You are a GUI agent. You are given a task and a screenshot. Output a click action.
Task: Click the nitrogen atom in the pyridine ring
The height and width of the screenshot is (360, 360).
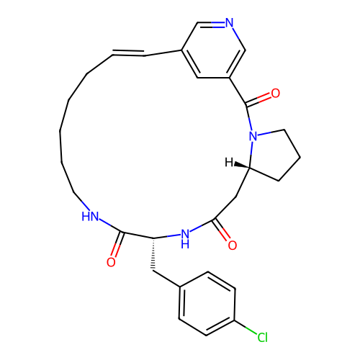229,22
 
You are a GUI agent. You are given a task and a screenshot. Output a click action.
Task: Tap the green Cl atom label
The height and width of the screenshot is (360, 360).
262,338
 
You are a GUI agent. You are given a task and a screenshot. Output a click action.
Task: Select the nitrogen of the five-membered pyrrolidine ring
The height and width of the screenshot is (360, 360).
253,136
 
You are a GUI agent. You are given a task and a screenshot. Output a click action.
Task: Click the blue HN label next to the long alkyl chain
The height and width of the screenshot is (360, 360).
90,216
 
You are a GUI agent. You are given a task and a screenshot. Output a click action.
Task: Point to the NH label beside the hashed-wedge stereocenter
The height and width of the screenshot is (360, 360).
185,239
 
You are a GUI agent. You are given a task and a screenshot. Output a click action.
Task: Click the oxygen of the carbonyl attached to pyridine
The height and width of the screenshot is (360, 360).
276,93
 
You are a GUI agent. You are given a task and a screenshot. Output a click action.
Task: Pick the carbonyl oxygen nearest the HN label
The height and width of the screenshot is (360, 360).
111,262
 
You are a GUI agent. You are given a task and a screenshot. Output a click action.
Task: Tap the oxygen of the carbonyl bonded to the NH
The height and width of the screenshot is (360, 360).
233,246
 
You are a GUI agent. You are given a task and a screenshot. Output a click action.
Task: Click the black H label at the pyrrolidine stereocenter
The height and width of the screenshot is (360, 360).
229,163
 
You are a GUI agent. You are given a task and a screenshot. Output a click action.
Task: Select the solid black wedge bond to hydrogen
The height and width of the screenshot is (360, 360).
242,165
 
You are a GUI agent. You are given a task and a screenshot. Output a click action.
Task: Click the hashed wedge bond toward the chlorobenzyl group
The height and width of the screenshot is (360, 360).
153,254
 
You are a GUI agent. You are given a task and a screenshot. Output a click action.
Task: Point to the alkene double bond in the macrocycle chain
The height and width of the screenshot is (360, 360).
128,53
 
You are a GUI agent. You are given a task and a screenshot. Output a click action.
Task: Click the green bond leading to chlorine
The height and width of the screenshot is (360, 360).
246,327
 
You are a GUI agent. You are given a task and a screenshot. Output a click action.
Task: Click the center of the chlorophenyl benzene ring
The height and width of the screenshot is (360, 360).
207,304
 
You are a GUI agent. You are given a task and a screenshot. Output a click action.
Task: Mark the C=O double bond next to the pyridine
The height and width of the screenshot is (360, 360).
258,99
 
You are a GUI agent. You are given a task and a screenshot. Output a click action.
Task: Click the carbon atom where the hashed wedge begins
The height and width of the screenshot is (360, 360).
153,238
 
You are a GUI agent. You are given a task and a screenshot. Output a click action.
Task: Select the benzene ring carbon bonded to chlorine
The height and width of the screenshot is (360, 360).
235,320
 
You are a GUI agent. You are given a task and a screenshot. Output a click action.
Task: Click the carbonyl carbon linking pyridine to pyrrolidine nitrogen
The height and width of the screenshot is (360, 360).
246,104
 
